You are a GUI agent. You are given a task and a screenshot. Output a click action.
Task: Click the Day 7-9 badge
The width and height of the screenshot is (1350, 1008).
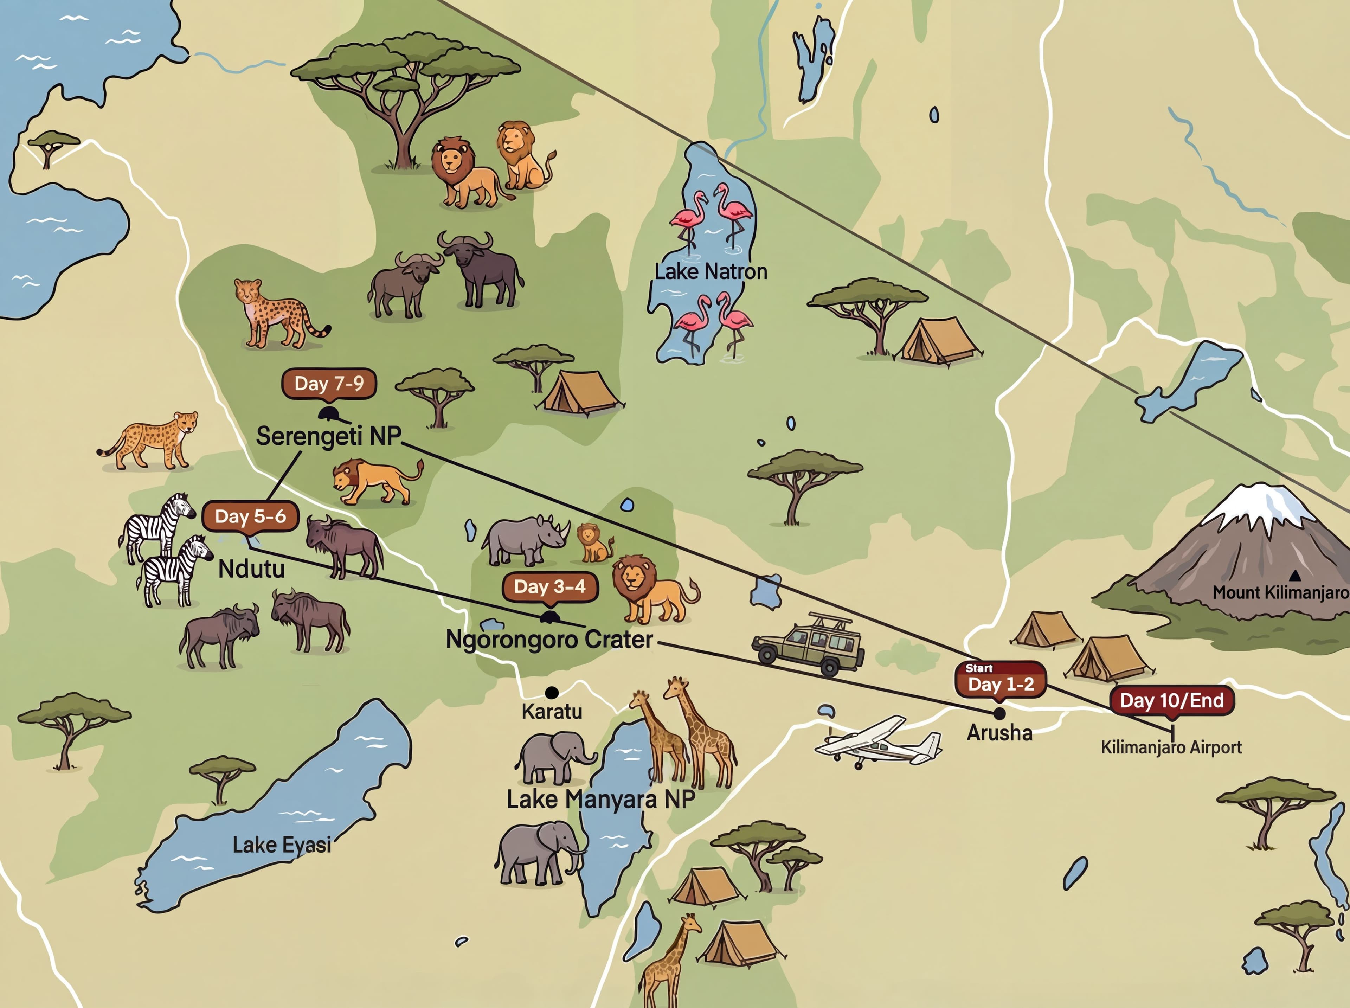pos(329,384)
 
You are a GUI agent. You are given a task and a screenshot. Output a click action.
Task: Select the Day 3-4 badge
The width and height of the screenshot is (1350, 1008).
pos(549,587)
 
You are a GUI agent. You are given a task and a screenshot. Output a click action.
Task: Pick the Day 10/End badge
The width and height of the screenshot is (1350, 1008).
pos(1172,700)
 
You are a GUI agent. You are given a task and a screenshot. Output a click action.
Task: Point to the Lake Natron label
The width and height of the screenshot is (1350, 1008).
pos(711,271)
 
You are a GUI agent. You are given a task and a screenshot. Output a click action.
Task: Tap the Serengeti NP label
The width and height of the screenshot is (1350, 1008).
pos(328,436)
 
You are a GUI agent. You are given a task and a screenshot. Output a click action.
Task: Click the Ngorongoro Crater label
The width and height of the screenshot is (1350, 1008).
pos(549,640)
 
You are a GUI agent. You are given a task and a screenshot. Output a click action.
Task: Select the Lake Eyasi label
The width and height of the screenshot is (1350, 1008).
pos(282,845)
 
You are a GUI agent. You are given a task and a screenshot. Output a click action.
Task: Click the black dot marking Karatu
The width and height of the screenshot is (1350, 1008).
pos(552,693)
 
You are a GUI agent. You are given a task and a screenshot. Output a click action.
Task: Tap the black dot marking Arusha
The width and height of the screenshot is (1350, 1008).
pos(999,713)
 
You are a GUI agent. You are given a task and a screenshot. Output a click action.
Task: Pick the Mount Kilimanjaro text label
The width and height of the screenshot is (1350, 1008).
pos(1280,592)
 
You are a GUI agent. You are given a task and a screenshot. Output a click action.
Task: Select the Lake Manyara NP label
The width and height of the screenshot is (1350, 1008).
pos(601,799)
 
